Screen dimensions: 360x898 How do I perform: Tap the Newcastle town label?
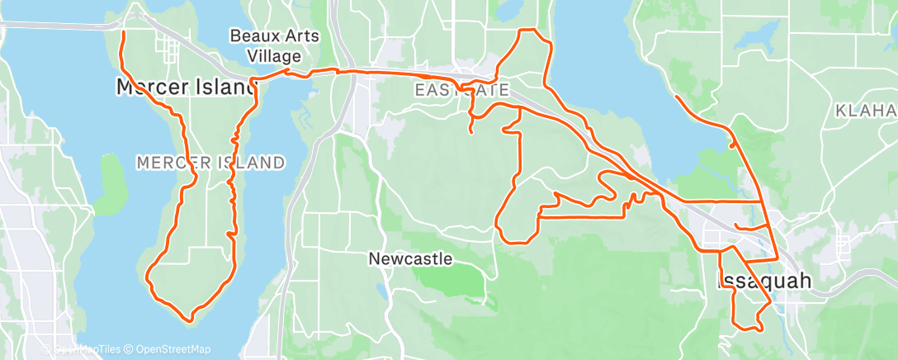click(x=410, y=258)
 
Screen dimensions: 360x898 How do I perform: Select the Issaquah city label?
click(x=764, y=282)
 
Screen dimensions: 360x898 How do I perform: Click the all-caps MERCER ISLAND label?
click(x=210, y=163)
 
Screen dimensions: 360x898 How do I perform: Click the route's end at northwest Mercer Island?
click(x=123, y=32)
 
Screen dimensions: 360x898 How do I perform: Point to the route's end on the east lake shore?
click(x=676, y=97)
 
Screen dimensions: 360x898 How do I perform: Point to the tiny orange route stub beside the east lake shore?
click(x=733, y=145)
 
